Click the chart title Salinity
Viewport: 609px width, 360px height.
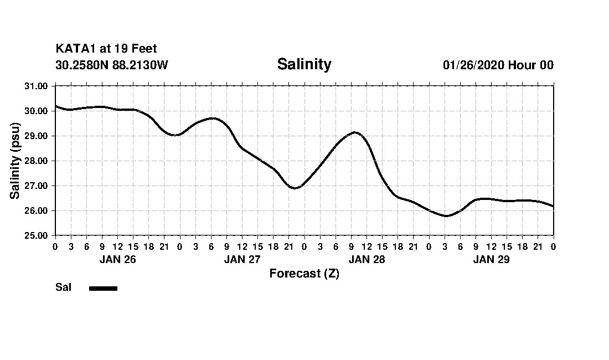pyautogui.click(x=304, y=64)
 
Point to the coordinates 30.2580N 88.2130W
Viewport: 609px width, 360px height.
pyautogui.click(x=112, y=65)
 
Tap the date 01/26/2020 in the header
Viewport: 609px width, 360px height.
pyautogui.click(x=473, y=65)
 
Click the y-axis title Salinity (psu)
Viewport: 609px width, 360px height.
pyautogui.click(x=15, y=161)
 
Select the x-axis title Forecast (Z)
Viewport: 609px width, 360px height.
pyautogui.click(x=304, y=274)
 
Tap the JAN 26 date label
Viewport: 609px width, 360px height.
pyautogui.click(x=117, y=259)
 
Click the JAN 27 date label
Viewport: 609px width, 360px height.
pyautogui.click(x=242, y=259)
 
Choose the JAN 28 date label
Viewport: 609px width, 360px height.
pyautogui.click(x=367, y=259)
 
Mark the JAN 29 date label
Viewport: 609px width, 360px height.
pyautogui.click(x=491, y=259)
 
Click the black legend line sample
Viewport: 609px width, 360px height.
pyautogui.click(x=103, y=288)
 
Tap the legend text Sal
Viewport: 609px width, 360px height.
pyautogui.click(x=63, y=287)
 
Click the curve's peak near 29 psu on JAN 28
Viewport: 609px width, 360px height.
pyautogui.click(x=355, y=132)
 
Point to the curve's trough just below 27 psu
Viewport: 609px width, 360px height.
pyautogui.click(x=295, y=188)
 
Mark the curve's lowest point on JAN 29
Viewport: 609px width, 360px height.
pyautogui.click(x=446, y=216)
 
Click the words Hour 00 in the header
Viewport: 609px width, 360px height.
pyautogui.click(x=531, y=65)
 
